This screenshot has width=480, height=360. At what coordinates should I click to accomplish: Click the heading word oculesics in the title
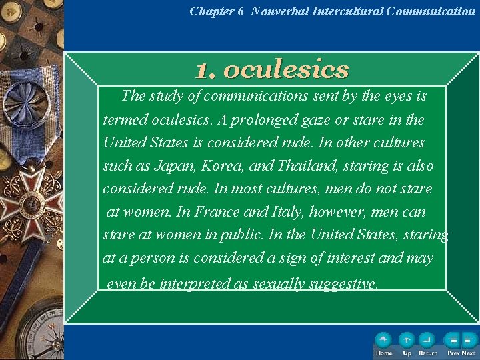click(x=287, y=69)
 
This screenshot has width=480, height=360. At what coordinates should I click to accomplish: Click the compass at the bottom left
click(x=33, y=330)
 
